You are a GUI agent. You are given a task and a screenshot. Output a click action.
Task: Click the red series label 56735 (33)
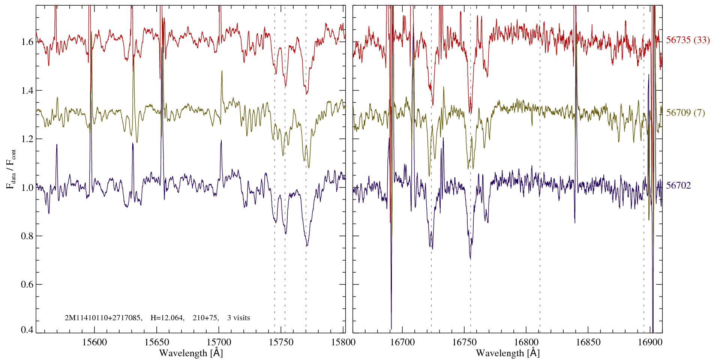pyautogui.click(x=688, y=40)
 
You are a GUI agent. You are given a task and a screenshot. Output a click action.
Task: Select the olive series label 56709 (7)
pyautogui.click(x=685, y=113)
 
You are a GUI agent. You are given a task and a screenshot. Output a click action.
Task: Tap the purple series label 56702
pyautogui.click(x=678, y=186)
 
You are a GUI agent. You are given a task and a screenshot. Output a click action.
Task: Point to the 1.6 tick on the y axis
pyautogui.click(x=27, y=42)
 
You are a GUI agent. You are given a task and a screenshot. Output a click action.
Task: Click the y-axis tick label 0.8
pyautogui.click(x=27, y=236)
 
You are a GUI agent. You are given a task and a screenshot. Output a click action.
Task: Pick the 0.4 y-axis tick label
pyautogui.click(x=27, y=330)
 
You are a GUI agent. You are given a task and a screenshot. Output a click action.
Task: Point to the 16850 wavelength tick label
pyautogui.click(x=587, y=342)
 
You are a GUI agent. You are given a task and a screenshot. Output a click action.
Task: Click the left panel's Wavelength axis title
pyautogui.click(x=190, y=353)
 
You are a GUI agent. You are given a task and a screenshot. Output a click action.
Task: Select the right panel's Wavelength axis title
pyautogui.click(x=507, y=353)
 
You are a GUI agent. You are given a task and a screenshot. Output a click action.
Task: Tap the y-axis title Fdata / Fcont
pyautogui.click(x=12, y=169)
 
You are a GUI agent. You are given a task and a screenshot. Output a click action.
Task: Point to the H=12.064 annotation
pyautogui.click(x=167, y=318)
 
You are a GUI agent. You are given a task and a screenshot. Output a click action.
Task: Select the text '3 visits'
pyautogui.click(x=238, y=318)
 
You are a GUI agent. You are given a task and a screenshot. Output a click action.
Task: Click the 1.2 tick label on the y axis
pyautogui.click(x=27, y=139)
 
